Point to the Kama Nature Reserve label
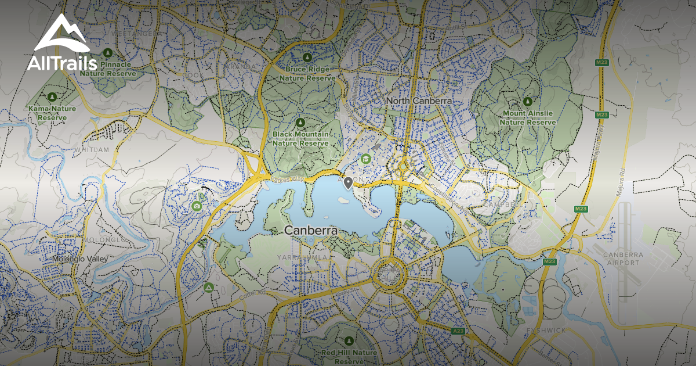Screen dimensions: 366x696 click(52, 113)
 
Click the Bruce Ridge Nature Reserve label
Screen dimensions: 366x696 click(307, 73)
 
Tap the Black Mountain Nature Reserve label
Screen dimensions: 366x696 click(300, 138)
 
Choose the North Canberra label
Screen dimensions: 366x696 click(419, 101)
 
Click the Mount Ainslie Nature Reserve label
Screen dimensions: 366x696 click(527, 117)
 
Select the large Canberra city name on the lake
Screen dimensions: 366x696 click(311, 231)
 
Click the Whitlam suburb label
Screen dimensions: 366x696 click(92, 150)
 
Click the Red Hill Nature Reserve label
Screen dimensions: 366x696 click(349, 356)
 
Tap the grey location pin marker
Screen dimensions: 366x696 click(348, 184)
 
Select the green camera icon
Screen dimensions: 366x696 click(197, 206)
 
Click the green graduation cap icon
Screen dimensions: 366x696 click(366, 158)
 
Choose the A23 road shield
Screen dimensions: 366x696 click(458, 331)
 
